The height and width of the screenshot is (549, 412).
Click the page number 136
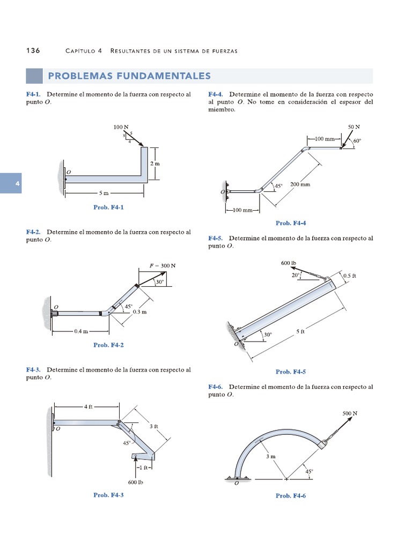pos(33,50)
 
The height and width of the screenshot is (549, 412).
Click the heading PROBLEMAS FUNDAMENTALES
pos(129,76)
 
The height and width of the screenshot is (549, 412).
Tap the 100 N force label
pos(121,127)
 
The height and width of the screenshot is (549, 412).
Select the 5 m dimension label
pos(104,192)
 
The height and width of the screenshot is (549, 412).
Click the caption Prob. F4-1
pos(108,207)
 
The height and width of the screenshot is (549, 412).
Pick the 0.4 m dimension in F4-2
pos(81,331)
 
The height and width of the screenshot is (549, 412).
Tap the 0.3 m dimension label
pos(140,311)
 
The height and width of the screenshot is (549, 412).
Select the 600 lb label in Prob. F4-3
pos(136,482)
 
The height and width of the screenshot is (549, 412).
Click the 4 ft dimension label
pos(88,407)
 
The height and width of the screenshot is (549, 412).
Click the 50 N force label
pos(354,127)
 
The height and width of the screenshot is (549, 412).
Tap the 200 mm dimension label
pos(300,184)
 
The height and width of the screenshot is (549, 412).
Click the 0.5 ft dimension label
pos(350,276)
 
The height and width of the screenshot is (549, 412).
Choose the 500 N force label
pos(350,414)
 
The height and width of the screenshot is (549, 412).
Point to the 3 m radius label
pos(270,457)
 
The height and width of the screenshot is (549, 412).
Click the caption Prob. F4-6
pos(291,496)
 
